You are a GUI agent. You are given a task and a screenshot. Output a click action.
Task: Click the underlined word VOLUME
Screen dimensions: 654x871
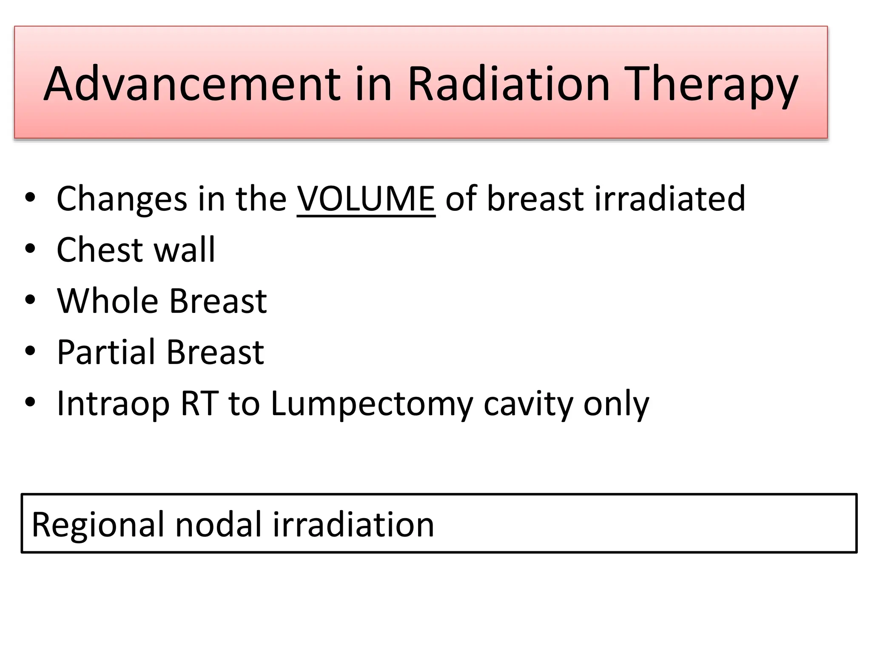(x=366, y=198)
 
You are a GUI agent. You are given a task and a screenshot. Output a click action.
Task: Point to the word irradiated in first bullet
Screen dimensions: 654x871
(x=669, y=198)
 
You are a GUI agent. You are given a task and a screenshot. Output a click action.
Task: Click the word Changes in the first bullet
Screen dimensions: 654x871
(x=122, y=199)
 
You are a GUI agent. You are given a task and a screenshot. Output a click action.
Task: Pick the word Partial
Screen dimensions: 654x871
(x=106, y=353)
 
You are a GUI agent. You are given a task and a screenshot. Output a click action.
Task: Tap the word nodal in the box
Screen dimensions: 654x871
(x=218, y=524)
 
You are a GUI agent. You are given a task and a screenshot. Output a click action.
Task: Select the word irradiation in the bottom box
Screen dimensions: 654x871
(x=353, y=524)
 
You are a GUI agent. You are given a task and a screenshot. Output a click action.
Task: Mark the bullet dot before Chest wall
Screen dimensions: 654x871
(x=30, y=249)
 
